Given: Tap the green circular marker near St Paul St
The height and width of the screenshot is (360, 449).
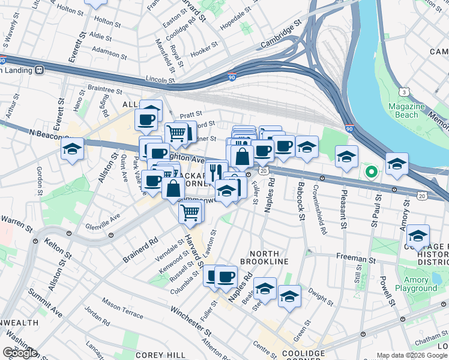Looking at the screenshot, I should tap(372, 173).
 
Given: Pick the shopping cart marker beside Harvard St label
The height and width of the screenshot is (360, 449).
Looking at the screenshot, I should tap(190, 212).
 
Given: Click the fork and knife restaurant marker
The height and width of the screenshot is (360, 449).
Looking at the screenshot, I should tap(217, 170).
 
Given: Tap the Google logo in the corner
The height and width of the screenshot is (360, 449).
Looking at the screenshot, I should tap(20, 353).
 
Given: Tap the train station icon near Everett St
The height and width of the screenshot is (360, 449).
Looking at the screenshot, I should tap(40, 70).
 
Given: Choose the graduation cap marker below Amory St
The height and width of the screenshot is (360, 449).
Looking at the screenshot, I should tap(418, 236).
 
